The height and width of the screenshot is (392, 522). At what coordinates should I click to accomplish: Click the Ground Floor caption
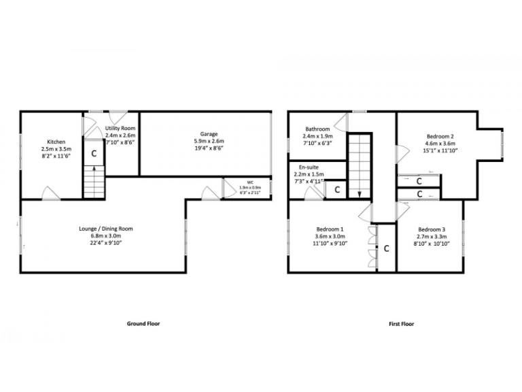point(144,324)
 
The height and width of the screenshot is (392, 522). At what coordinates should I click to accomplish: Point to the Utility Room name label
point(120,128)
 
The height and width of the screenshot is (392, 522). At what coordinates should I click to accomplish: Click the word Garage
point(208,134)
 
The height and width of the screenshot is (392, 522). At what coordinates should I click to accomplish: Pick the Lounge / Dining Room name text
point(105,229)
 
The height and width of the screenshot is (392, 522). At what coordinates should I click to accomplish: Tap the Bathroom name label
point(317,129)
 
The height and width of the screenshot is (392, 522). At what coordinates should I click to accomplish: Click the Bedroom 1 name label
point(330,229)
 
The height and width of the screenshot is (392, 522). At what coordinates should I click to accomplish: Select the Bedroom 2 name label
point(440,136)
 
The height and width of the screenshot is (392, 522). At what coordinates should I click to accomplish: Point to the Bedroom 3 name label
point(432,229)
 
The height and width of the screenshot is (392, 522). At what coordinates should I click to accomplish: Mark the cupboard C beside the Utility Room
point(94,153)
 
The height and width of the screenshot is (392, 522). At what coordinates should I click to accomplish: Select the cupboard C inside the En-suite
point(336,191)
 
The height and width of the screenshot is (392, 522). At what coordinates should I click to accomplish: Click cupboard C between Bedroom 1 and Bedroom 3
point(386,248)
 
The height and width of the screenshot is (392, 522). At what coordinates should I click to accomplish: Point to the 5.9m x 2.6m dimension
point(208,141)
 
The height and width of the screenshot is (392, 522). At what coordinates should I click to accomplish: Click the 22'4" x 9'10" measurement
point(105,242)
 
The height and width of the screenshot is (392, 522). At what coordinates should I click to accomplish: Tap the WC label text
point(249,182)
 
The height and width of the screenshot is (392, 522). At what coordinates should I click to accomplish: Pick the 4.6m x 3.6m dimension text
point(440,144)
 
